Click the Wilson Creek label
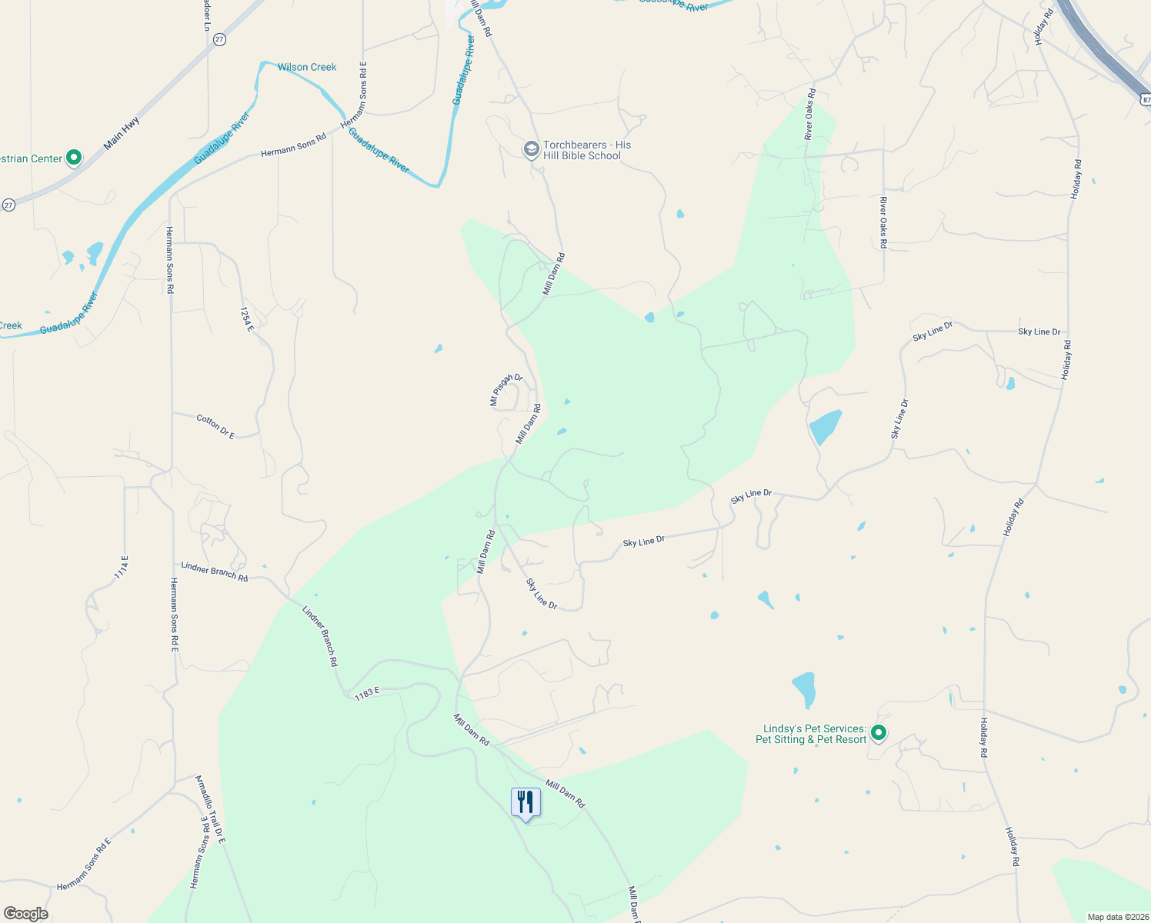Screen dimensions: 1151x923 tap(307, 68)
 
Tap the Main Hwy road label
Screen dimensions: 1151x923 tap(122, 133)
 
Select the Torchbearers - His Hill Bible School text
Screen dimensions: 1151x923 tap(587, 150)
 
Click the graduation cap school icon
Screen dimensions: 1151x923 tap(531, 148)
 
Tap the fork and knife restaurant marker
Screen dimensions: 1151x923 tap(525, 802)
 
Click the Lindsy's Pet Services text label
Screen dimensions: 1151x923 tap(811, 734)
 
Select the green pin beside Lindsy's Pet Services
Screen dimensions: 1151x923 tap(879, 733)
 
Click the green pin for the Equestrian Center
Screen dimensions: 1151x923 tap(74, 158)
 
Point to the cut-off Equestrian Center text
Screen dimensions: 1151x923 tap(31, 159)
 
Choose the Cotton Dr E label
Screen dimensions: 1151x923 tap(215, 426)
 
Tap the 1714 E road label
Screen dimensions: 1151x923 tap(122, 567)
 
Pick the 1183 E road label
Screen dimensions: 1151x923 tap(367, 693)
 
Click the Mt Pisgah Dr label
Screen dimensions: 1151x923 tap(506, 389)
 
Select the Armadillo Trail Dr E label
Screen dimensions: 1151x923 tap(209, 809)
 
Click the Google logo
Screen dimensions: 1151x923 tap(26, 914)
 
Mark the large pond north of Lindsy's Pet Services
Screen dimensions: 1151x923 tap(804, 689)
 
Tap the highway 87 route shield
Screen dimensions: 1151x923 tap(1145, 99)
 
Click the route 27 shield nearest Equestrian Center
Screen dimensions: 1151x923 tap(8, 205)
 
